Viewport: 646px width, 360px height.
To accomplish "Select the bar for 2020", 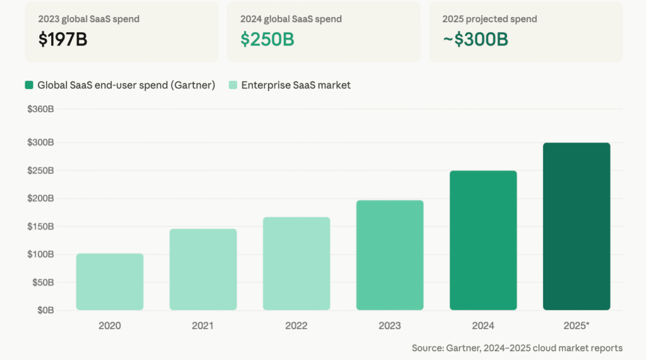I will [x=110, y=282].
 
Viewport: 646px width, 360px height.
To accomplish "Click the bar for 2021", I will [x=203, y=269].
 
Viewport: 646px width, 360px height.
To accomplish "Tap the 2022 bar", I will [x=297, y=264].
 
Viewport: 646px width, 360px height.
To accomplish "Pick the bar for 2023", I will [x=390, y=255].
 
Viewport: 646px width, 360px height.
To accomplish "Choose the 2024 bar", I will [x=483, y=240].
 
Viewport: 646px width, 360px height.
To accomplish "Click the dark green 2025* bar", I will [x=577, y=226].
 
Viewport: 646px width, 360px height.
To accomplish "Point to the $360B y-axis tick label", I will [x=40, y=109].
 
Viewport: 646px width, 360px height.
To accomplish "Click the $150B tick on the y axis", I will [x=40, y=226].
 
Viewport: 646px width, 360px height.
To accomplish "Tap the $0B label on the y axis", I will [x=44, y=310].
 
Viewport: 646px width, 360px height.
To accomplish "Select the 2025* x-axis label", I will [x=577, y=326].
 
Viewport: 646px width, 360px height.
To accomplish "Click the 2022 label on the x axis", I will [x=297, y=326].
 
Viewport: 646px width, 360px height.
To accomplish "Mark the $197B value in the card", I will [x=62, y=39].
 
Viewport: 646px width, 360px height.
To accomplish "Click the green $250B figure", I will [x=267, y=39].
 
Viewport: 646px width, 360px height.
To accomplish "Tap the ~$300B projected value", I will [x=476, y=39].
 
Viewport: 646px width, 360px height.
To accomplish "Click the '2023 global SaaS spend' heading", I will [x=89, y=19].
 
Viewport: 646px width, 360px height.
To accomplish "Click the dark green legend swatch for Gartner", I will [x=30, y=85].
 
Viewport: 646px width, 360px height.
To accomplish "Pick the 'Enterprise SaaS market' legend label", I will [x=296, y=85].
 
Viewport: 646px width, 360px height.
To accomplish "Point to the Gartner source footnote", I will [x=517, y=348].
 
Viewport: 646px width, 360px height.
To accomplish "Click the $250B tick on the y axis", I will [x=40, y=170].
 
